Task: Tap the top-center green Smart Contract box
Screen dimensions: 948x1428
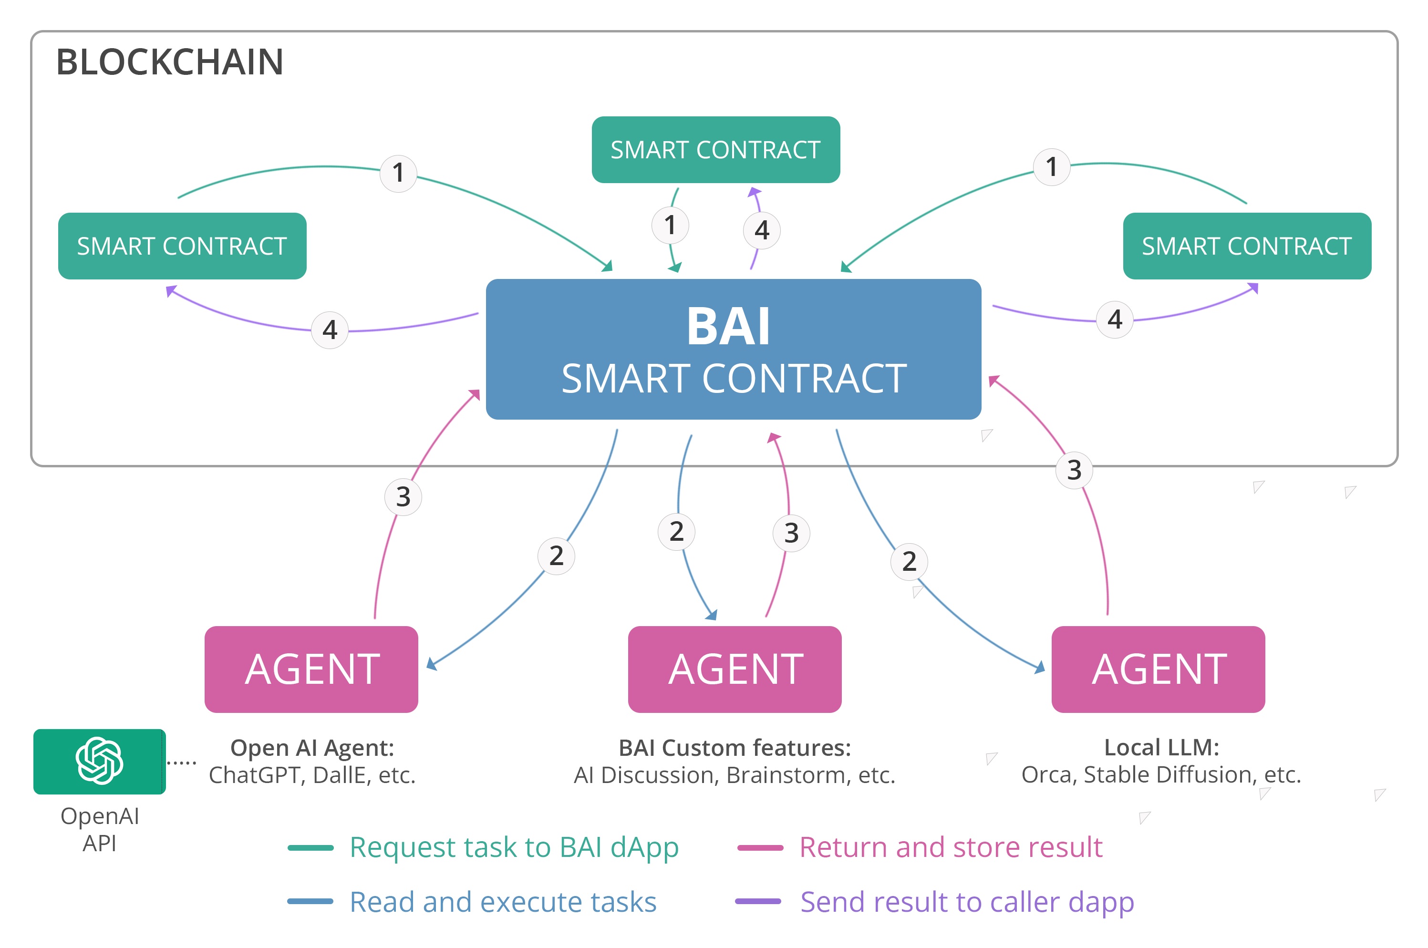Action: pyautogui.click(x=715, y=149)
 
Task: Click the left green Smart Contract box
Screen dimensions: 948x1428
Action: pyautogui.click(x=182, y=246)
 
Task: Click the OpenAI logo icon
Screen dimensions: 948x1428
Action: pyautogui.click(x=99, y=761)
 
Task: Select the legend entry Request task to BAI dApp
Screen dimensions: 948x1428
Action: pyautogui.click(x=513, y=847)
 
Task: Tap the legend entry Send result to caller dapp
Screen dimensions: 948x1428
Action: pyautogui.click(x=966, y=901)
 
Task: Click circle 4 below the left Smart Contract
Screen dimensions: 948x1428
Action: pyautogui.click(x=330, y=330)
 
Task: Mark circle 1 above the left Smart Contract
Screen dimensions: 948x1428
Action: pyautogui.click(x=398, y=173)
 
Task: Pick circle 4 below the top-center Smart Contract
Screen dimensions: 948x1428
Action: pyautogui.click(x=762, y=230)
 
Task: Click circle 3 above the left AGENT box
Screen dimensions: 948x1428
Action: pyautogui.click(x=403, y=497)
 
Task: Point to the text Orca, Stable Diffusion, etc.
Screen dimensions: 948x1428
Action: pyautogui.click(x=1161, y=774)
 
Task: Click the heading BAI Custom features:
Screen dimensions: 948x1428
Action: pyautogui.click(x=735, y=748)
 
